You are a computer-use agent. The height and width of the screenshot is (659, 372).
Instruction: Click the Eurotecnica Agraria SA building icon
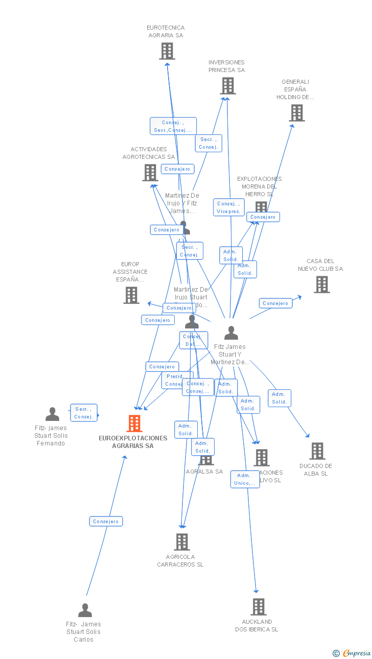pos(167,51)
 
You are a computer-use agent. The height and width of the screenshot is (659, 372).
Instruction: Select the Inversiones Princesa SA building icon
pos(228,86)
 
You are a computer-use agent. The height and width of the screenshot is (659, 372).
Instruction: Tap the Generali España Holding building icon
pos(297,113)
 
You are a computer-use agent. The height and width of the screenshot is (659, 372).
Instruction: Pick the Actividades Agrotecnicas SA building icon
pos(150,173)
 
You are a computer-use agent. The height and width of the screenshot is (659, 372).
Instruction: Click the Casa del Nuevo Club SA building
pos(321,285)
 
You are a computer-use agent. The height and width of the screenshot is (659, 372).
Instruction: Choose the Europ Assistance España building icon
pos(131,295)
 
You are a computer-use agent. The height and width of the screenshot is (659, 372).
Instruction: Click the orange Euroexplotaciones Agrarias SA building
pos(134,423)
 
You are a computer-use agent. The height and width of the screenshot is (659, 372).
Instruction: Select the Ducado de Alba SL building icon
pos(317,451)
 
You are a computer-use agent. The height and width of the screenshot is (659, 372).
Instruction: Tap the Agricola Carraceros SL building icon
pos(182,542)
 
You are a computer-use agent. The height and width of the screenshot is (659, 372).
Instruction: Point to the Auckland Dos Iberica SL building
pos(259,607)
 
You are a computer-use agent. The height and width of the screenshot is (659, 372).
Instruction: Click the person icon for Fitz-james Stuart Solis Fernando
pos(52,414)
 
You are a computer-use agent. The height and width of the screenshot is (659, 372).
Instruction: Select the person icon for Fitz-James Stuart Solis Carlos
pos(85,610)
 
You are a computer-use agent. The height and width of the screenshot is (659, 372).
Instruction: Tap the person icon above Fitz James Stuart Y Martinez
pos(231,333)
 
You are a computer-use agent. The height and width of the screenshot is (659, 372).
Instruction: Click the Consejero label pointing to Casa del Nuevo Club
pos(275,303)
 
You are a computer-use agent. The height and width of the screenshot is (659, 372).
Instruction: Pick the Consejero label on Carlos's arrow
pos(106,522)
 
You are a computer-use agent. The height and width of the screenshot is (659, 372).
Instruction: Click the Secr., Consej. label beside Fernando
pos(83,413)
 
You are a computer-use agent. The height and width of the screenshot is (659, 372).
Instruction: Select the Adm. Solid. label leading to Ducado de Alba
pos(279,398)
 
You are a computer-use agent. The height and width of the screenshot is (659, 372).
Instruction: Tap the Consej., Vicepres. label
pos(228,207)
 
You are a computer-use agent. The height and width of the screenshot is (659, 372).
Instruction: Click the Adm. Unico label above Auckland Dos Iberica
pos(245,479)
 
